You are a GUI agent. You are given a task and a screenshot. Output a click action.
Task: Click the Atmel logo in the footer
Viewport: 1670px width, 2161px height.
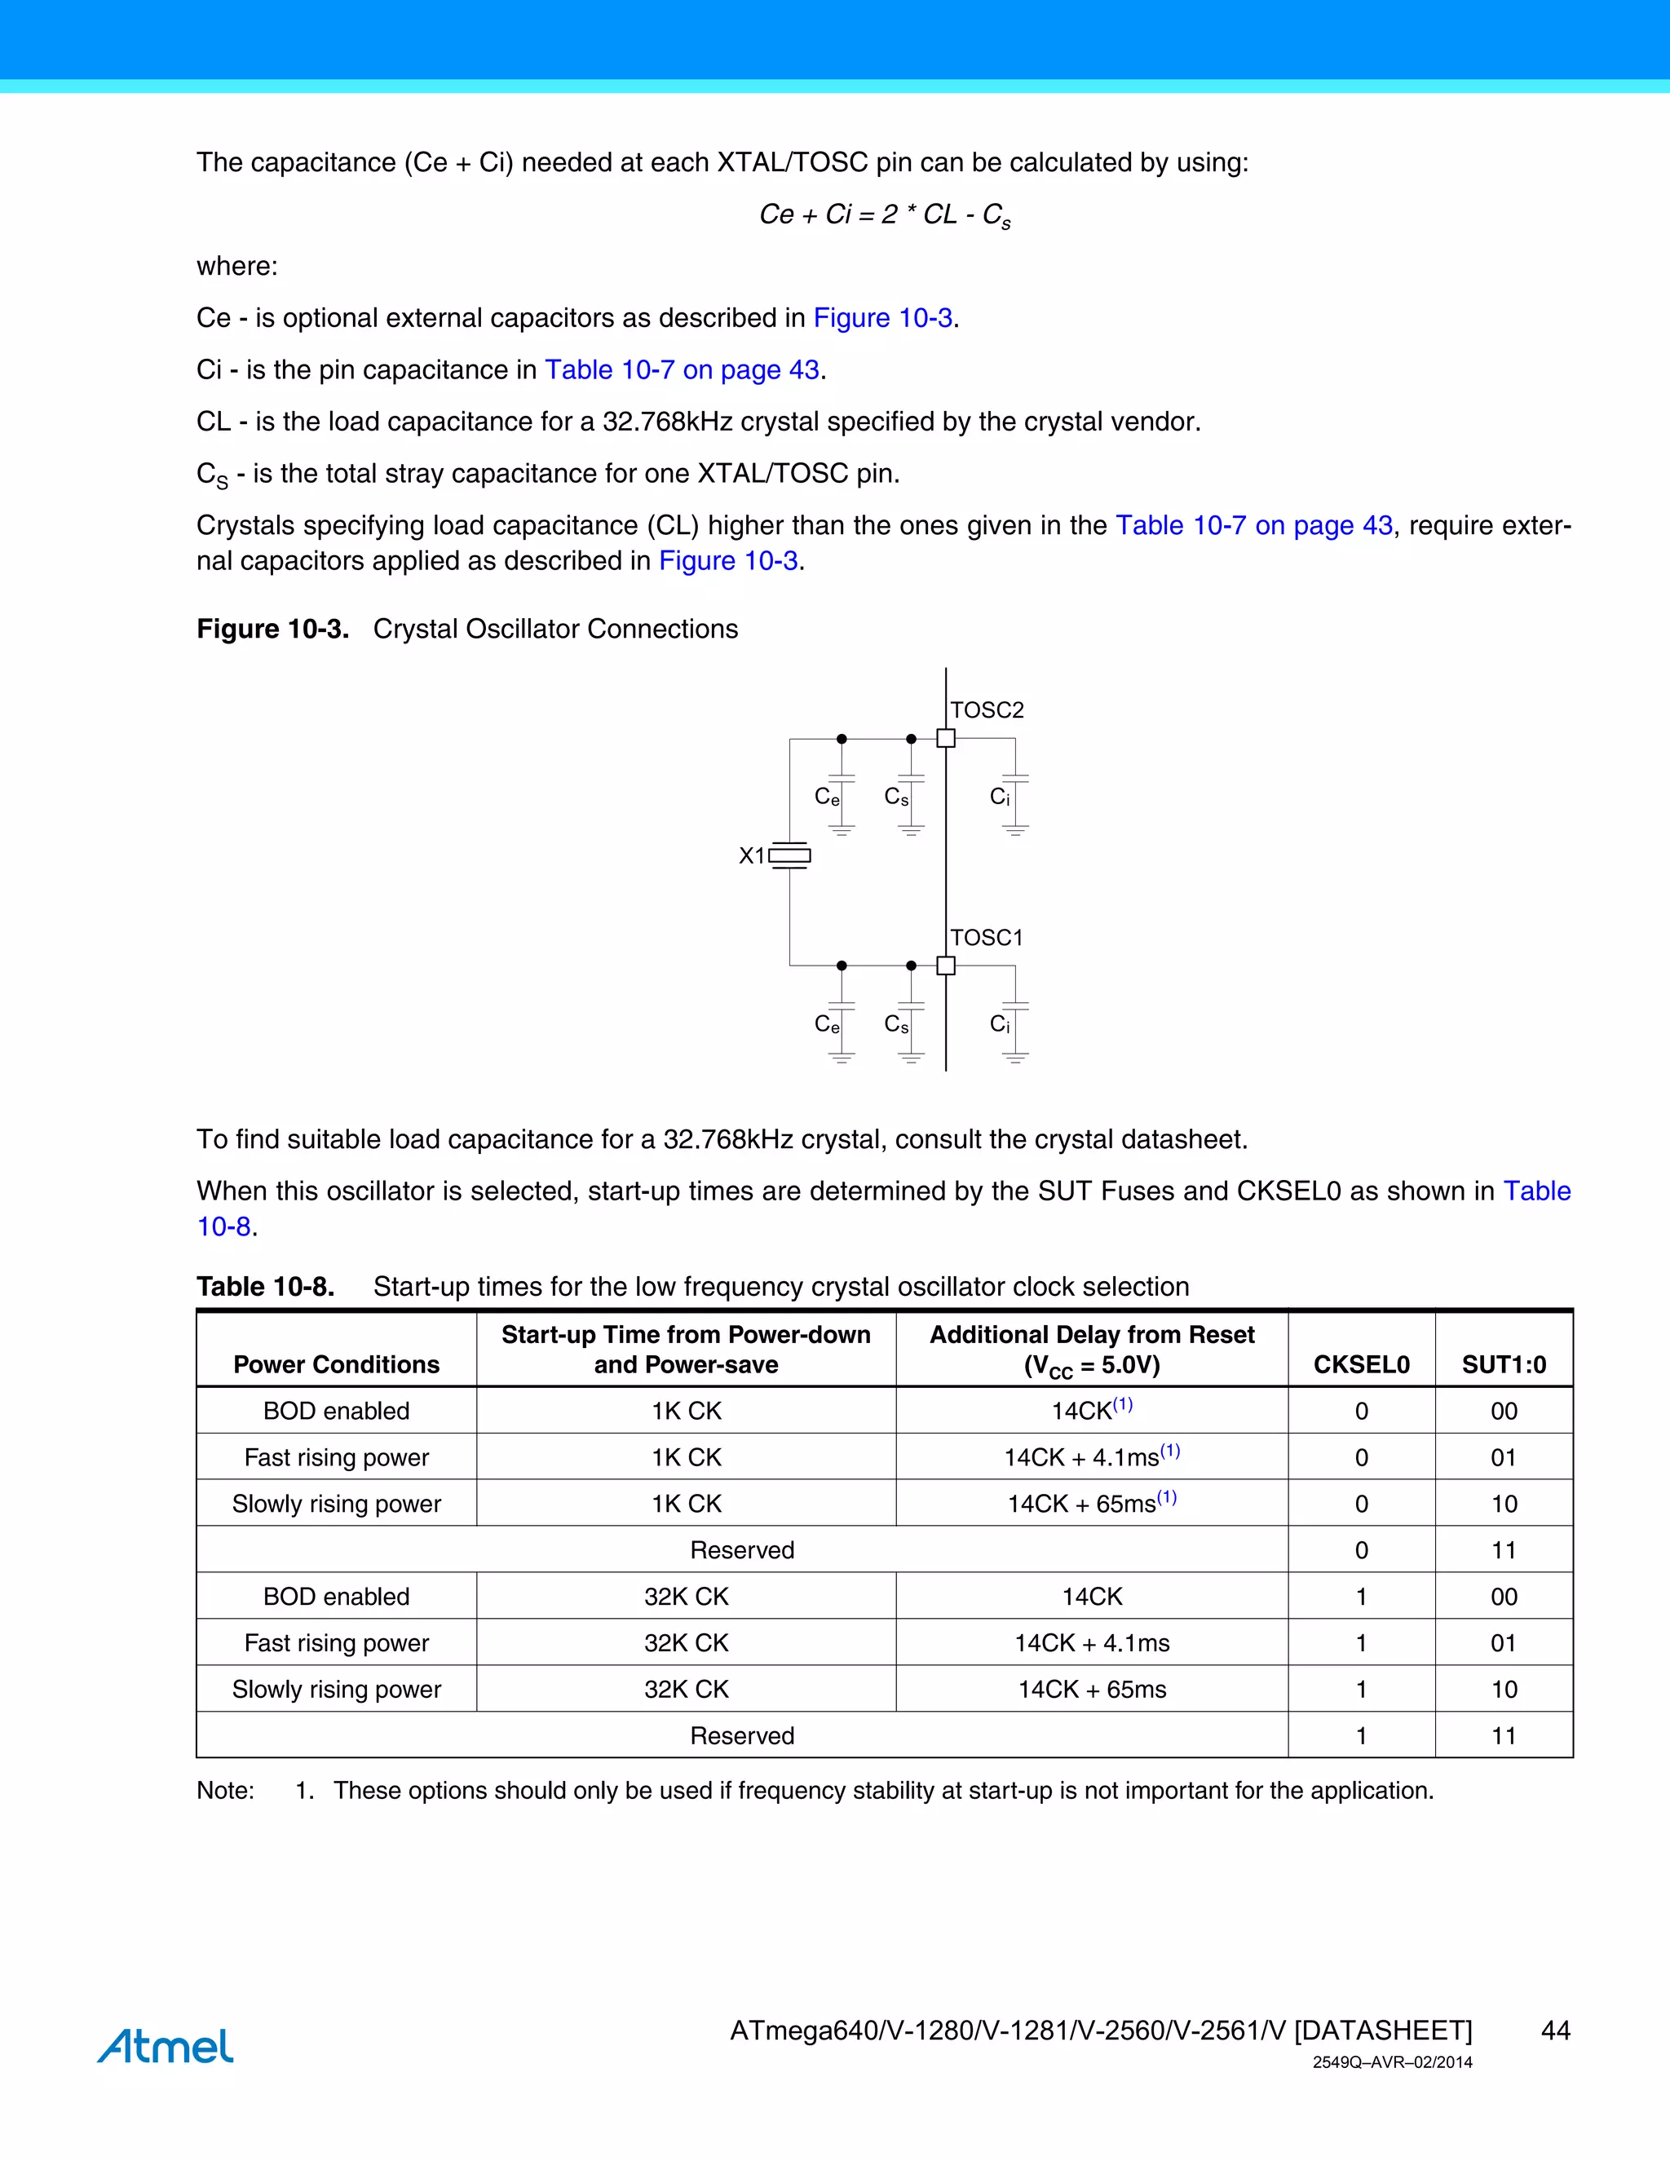166,2045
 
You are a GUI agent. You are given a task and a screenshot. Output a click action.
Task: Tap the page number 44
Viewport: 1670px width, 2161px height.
1555,2031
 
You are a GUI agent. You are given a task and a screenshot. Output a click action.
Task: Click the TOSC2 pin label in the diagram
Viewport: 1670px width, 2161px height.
987,709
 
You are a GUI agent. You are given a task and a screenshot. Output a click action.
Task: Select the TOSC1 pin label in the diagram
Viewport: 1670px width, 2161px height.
987,937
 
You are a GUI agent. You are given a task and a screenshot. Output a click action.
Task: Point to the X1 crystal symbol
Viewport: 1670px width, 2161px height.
789,855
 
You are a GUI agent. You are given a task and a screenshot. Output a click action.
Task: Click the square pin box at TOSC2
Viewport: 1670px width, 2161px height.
946,738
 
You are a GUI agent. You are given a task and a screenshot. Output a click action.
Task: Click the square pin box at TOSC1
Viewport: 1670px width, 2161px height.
946,966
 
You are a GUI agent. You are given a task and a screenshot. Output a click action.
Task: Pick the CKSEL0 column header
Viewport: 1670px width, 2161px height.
1360,1364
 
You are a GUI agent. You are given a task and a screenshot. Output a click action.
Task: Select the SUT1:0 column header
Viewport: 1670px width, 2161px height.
1503,1364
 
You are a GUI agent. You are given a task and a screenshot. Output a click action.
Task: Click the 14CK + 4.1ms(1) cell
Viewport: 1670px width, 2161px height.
1091,1456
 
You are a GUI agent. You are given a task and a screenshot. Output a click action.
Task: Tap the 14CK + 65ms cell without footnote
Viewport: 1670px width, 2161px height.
1091,1689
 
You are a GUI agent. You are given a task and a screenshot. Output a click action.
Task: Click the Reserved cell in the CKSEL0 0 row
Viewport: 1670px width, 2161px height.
742,1549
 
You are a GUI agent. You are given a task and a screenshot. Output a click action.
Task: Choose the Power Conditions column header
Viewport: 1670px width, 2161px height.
337,1364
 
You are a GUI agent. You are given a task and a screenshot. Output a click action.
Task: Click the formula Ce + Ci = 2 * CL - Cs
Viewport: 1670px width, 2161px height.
885,214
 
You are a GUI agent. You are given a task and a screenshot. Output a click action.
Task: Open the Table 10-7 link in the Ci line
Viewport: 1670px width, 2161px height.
682,370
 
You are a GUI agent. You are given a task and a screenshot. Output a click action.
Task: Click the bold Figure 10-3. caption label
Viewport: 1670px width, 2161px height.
273,630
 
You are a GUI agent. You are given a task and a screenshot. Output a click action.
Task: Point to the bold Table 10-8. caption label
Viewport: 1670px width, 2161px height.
265,1286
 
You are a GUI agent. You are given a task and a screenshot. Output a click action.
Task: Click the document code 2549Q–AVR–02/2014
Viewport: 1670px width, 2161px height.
1392,2063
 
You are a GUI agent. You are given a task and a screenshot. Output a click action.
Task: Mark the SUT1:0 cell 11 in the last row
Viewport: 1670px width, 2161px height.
1503,1735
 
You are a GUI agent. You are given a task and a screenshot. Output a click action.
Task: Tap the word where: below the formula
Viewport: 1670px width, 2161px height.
237,266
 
